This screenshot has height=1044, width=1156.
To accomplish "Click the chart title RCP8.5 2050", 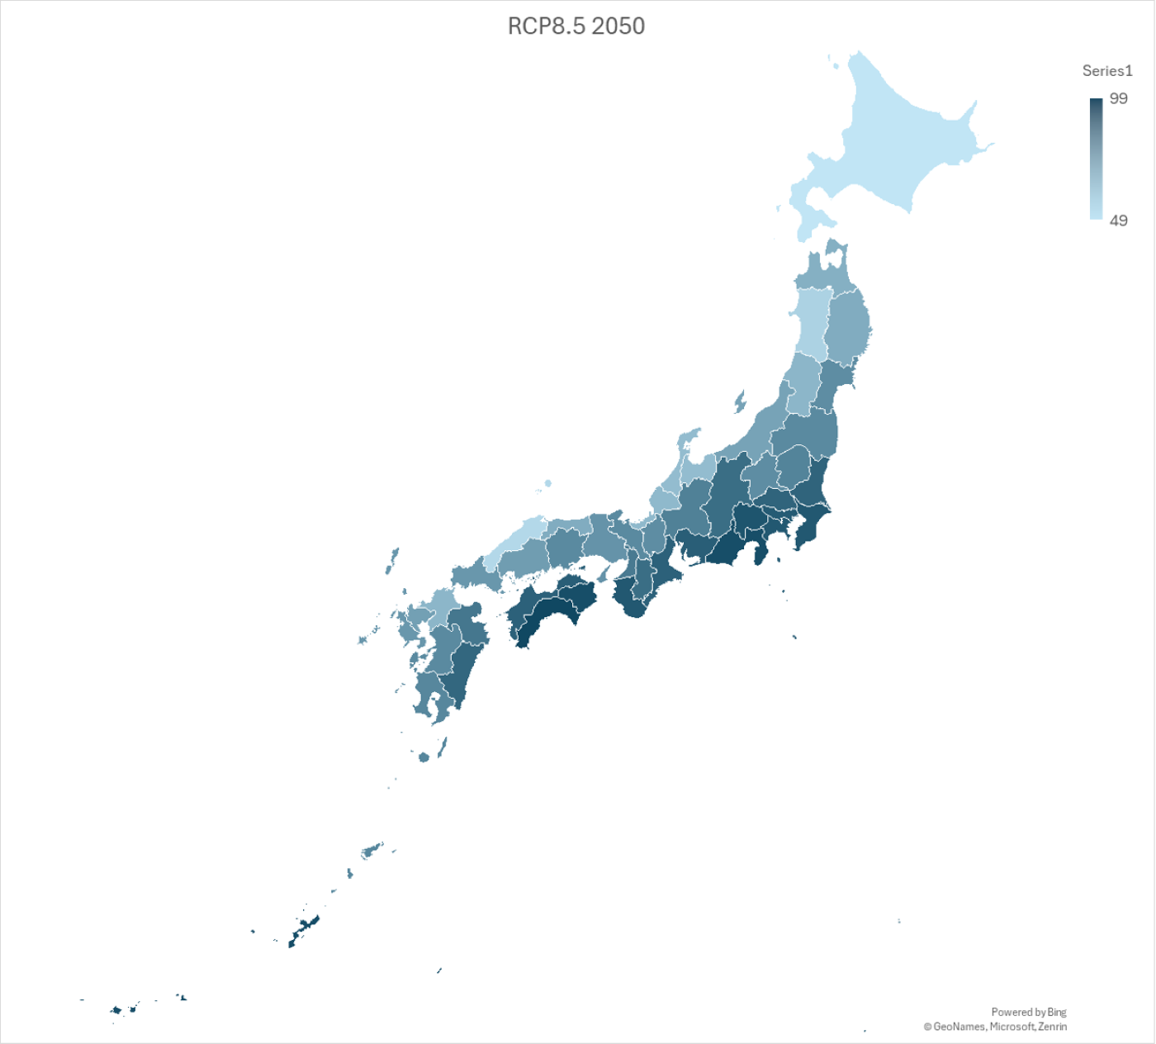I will click(x=576, y=26).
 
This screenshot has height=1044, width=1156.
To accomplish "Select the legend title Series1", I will click(x=1106, y=71).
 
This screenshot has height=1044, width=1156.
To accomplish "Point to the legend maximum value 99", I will click(x=1118, y=99).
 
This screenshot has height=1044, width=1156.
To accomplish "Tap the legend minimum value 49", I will click(x=1118, y=221).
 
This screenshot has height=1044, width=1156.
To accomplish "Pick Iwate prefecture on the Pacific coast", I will click(x=847, y=326).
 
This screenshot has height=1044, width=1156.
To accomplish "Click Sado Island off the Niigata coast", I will click(x=739, y=402).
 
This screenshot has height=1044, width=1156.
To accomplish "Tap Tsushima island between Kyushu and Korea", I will click(x=391, y=562).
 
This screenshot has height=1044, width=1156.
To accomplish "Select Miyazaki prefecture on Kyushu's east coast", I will click(x=463, y=665).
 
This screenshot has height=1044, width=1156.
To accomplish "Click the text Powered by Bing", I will click(x=1028, y=1012).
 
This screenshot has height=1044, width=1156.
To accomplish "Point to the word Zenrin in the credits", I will click(x=1052, y=1027).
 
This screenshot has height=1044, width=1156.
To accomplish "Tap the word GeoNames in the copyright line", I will click(x=959, y=1027).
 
